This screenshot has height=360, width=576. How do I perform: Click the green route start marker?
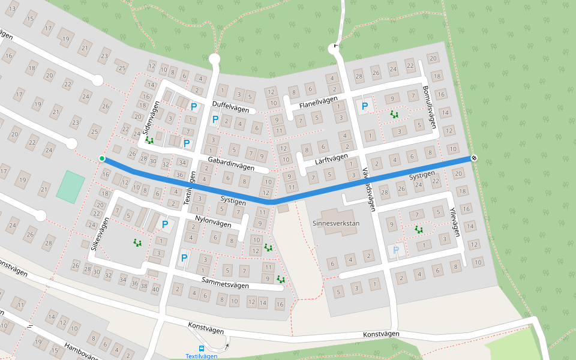point(102,158)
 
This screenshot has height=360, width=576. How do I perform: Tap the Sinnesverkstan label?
point(336,223)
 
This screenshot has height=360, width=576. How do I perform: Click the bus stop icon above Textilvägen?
point(202,348)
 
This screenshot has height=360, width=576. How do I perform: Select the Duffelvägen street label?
point(230,106)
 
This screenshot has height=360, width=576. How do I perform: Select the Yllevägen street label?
point(454,222)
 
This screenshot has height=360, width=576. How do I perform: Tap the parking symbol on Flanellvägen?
point(364,107)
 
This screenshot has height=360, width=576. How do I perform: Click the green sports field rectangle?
point(71,185)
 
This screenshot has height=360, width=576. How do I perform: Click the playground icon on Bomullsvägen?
point(394,113)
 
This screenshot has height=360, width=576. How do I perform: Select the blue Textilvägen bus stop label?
point(201,356)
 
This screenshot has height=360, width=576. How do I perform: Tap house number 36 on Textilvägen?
point(179,174)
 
